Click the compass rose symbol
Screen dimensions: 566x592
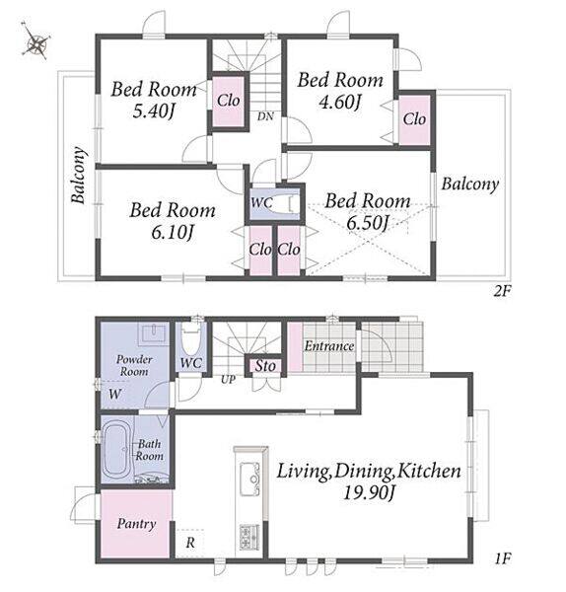point(35,40)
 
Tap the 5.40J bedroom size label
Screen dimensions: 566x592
point(154,111)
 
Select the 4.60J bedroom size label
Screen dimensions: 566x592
point(340,102)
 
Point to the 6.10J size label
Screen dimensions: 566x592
point(173,233)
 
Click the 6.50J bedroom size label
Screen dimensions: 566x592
point(368,223)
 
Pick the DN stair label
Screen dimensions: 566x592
point(265,116)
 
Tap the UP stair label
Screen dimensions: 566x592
point(228,380)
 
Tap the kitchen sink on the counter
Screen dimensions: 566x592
point(250,479)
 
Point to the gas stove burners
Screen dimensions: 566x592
point(249,537)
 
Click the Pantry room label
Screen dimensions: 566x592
point(136,524)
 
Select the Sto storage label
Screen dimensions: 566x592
point(265,366)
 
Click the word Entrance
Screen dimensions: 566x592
point(329,346)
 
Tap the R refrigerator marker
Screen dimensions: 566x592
point(190,543)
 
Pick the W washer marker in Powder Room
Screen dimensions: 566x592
point(114,395)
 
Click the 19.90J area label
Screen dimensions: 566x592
point(369,492)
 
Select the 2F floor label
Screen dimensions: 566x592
point(502,291)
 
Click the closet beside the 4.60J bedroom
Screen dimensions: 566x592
point(414,119)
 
